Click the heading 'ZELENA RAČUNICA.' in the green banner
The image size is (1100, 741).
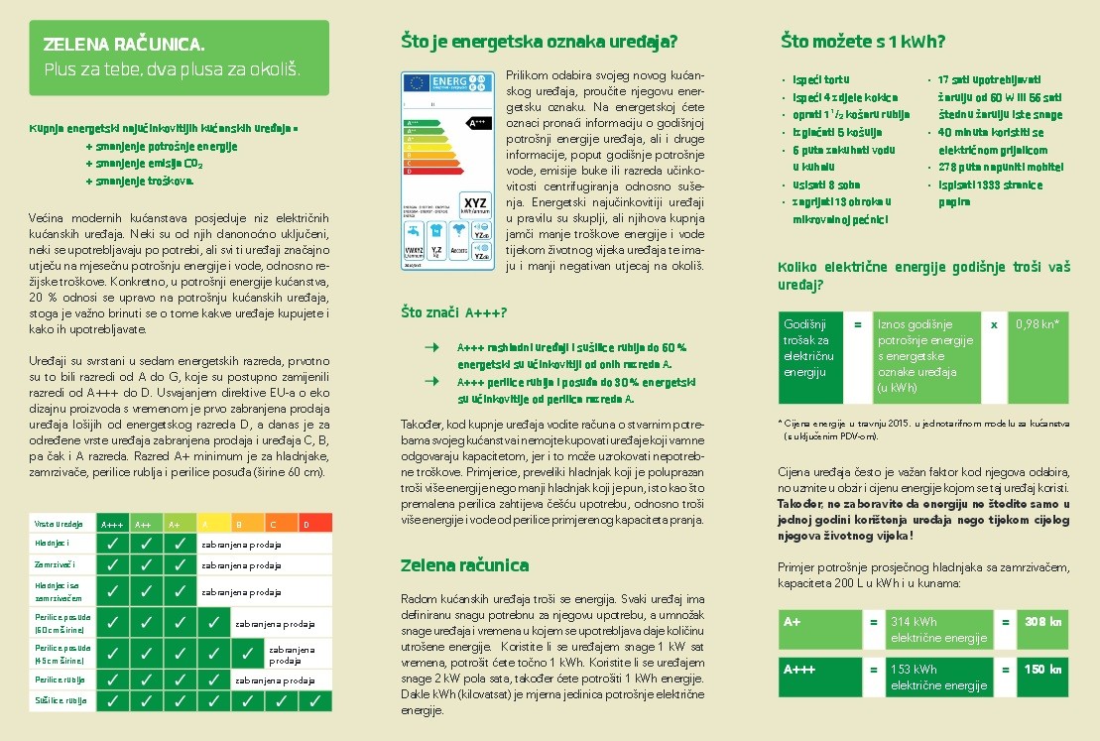click(124, 45)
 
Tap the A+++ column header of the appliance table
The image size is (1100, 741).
click(112, 523)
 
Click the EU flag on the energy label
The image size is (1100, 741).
click(416, 82)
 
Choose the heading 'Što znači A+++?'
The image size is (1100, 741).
click(454, 312)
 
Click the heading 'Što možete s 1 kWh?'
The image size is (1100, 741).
click(862, 42)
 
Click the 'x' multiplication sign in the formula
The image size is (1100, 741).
click(994, 323)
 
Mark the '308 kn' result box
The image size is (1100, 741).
click(1042, 622)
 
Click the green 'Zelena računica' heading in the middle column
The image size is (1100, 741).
click(464, 565)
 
